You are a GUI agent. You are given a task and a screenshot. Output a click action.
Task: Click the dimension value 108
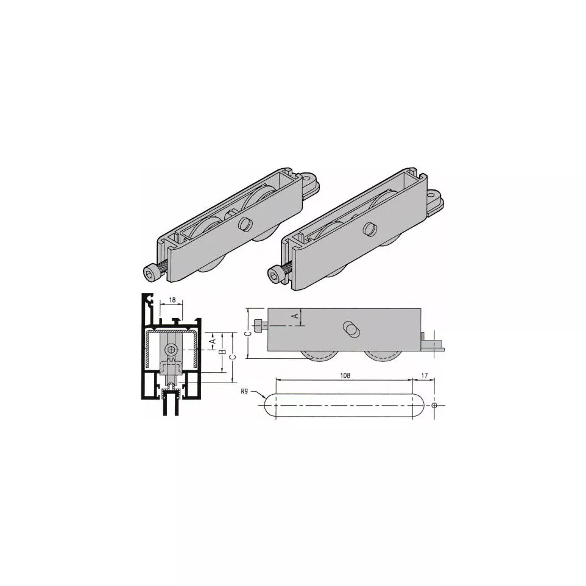point(345,376)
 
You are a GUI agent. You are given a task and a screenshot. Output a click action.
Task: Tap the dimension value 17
point(424,376)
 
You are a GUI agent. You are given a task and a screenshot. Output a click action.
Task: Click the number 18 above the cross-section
point(172,300)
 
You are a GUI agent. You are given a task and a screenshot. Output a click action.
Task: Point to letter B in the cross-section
point(222,353)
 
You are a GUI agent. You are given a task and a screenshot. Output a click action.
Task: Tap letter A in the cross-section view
point(212,342)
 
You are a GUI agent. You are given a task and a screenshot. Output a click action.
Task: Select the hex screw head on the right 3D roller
point(274,274)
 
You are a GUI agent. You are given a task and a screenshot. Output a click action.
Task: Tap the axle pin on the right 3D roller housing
point(369,230)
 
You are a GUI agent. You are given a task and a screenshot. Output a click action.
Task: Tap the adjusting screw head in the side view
point(261,325)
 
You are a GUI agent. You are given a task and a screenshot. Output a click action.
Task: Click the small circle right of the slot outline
point(434,405)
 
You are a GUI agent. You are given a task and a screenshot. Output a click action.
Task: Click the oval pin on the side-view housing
point(351,328)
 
